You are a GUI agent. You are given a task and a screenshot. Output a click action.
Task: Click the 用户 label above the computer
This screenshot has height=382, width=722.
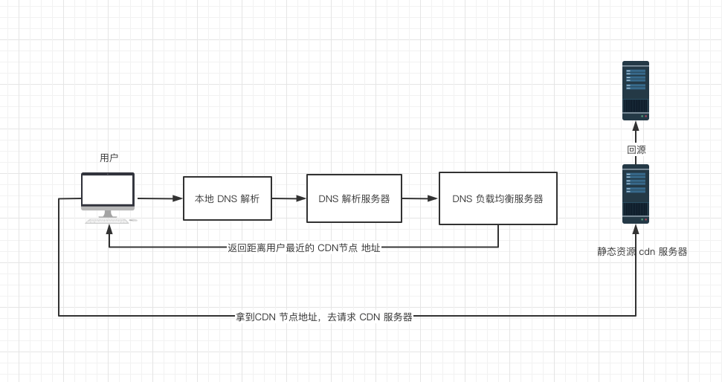point(109,158)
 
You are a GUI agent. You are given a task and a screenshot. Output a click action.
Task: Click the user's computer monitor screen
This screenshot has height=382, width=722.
point(108,190)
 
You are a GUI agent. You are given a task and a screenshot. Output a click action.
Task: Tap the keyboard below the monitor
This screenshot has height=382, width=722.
point(108,221)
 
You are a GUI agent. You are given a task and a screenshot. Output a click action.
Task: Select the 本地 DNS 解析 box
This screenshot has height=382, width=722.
point(228,198)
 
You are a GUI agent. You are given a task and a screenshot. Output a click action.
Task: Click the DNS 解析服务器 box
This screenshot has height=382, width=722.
point(354,198)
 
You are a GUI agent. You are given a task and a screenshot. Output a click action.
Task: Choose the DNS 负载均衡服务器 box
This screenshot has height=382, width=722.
point(497,198)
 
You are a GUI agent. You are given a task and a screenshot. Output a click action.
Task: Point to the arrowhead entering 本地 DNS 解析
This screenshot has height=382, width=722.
point(178,198)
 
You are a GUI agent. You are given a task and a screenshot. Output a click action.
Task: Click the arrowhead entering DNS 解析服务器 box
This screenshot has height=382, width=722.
point(301,198)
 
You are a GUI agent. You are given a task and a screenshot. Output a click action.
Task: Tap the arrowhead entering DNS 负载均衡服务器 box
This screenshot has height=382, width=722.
point(433,198)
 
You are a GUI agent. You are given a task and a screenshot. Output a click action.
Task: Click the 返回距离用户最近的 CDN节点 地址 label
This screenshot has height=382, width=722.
point(304,247)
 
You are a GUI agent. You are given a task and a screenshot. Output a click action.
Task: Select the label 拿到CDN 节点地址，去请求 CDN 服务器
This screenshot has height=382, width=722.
point(324,317)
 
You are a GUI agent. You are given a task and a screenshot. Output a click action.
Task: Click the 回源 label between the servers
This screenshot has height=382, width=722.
point(636,149)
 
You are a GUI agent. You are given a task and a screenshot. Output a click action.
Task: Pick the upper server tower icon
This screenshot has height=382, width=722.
point(636,91)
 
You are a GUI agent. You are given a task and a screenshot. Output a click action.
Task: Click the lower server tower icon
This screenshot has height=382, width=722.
point(636,194)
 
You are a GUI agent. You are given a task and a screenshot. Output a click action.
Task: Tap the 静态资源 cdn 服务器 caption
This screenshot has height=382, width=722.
point(642,251)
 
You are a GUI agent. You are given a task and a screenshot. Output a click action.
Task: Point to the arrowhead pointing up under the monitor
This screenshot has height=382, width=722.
point(109,230)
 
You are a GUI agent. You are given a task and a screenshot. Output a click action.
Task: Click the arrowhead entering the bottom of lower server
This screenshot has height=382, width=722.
point(636,230)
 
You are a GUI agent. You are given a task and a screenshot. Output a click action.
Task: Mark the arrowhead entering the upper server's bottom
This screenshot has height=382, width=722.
point(636,126)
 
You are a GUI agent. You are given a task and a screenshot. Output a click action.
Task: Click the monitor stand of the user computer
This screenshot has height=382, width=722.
point(108,214)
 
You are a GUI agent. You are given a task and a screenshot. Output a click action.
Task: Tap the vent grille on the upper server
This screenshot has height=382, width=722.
point(636,106)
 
